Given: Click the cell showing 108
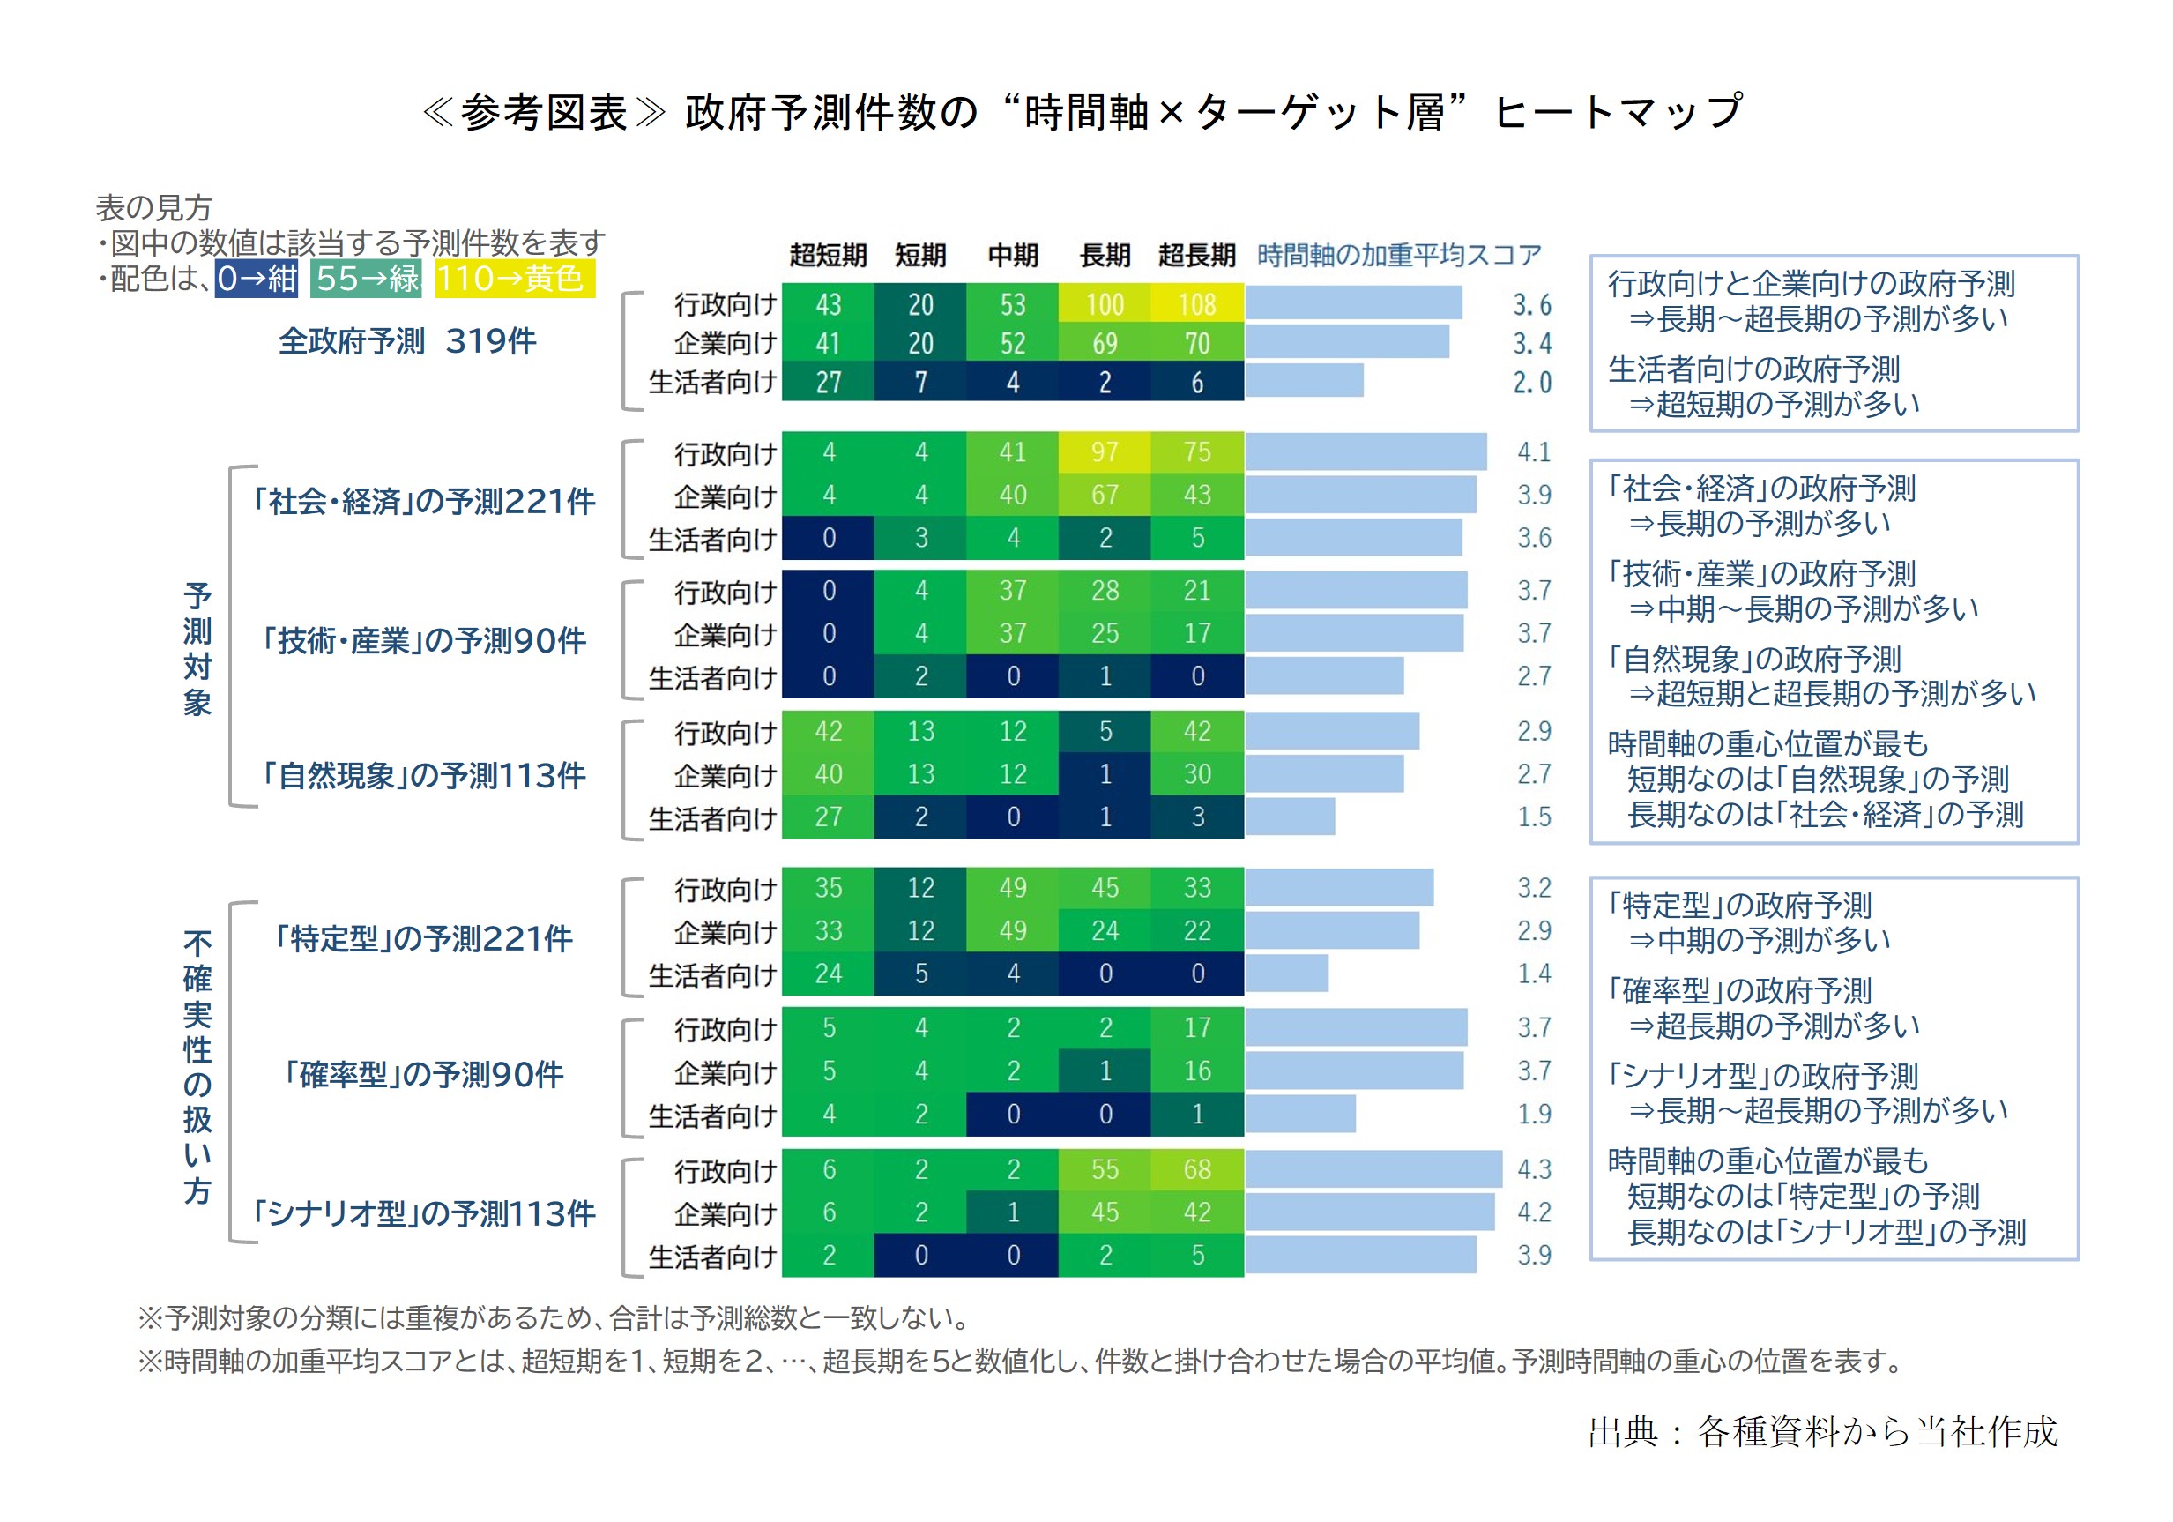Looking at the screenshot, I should tap(1197, 304).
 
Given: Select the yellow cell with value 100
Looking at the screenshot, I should tap(1105, 304).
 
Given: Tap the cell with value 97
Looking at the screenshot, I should tap(1105, 452).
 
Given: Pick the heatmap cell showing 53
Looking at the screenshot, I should tap(1013, 304).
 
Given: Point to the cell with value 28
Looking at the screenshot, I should tap(1105, 591).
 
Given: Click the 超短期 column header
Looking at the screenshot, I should tap(828, 255).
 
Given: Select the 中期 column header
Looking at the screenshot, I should tap(1013, 255).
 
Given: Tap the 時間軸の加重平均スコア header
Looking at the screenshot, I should tap(1399, 255).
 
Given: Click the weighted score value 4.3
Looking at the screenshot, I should tap(1534, 1170).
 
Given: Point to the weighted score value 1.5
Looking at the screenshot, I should tap(1534, 817).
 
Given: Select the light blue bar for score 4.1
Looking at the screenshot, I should tap(1366, 452).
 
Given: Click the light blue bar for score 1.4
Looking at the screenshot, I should tap(1287, 973).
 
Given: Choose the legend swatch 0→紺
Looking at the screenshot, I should tap(257, 280).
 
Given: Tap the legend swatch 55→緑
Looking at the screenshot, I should tap(366, 280).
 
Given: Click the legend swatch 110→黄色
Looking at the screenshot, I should tap(515, 280).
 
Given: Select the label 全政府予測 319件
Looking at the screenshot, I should tap(407, 340).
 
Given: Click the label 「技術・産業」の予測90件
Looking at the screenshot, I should tap(422, 641).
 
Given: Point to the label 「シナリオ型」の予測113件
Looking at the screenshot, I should tap(422, 1213).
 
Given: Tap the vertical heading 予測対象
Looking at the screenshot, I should tap(197, 649).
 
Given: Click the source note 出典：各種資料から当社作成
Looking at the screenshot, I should tap(1823, 1432).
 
